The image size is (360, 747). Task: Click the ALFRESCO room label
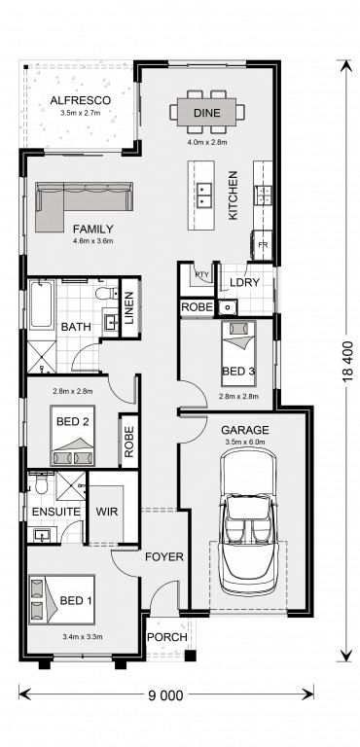81,100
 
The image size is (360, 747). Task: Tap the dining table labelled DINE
207,113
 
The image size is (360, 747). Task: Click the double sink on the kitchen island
205,196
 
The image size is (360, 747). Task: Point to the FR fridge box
263,245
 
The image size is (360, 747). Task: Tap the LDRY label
244,282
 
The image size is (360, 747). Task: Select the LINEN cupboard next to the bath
129,307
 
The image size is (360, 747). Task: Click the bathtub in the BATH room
42,304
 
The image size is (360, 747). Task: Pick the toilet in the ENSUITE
42,483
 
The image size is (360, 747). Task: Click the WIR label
107,512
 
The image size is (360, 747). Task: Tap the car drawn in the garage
248,520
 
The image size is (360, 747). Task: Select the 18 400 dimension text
347,362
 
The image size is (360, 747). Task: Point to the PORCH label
166,637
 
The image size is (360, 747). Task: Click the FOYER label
164,556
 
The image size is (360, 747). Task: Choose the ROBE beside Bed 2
128,442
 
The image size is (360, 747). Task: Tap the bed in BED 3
239,353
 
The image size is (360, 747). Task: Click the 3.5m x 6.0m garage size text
245,442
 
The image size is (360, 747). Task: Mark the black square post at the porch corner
191,656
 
